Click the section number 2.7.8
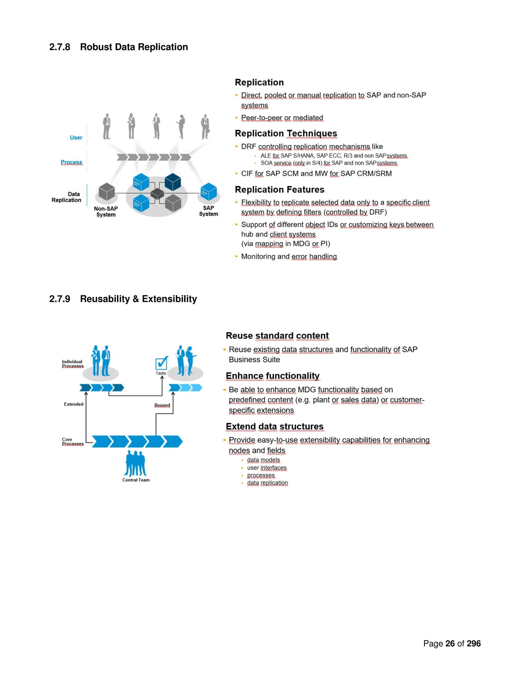(60, 47)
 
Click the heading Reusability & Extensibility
(138, 299)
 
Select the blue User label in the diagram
(76, 138)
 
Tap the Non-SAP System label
(106, 212)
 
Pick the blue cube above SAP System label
(209, 191)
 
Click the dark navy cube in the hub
(173, 182)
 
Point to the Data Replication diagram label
(67, 197)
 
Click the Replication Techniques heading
(286, 133)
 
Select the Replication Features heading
(279, 189)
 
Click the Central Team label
(136, 480)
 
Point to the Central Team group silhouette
(136, 463)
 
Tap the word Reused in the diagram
(162, 405)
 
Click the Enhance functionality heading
(272, 376)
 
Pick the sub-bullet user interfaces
(267, 467)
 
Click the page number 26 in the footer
(450, 643)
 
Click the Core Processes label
(73, 441)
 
